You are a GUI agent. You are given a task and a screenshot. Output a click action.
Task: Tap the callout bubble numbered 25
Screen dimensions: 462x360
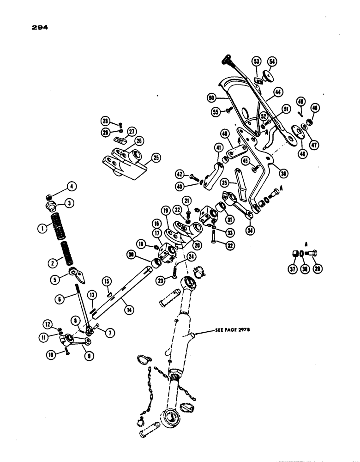(x=156, y=158)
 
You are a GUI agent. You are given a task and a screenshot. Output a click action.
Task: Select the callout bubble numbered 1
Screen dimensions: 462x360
(x=42, y=228)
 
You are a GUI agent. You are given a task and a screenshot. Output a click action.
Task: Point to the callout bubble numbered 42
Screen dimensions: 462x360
(x=180, y=175)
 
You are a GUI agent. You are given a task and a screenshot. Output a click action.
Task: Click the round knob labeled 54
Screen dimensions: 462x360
(x=266, y=75)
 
